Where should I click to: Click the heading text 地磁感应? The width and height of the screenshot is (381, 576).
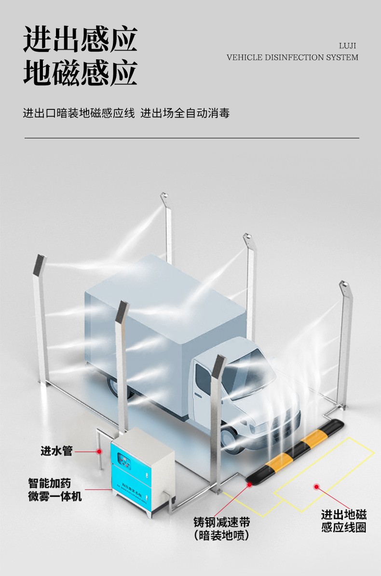pos(80,73)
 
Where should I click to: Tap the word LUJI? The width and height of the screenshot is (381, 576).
pos(348,46)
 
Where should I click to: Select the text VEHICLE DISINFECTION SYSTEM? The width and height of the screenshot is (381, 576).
pos(292,57)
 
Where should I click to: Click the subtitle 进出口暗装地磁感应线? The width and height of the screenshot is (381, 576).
pos(79,114)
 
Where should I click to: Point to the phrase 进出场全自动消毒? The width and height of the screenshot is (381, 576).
pos(185,114)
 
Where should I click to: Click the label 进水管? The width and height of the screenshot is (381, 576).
pos(56,451)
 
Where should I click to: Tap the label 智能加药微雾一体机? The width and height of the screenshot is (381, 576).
pos(55,489)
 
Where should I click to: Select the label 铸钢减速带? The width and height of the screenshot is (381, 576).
pos(222,522)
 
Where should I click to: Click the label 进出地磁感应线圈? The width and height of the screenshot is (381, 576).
pos(344,521)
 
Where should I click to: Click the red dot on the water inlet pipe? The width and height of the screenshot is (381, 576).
pos(99,452)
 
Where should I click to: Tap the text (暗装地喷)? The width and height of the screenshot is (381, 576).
pos(222,535)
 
